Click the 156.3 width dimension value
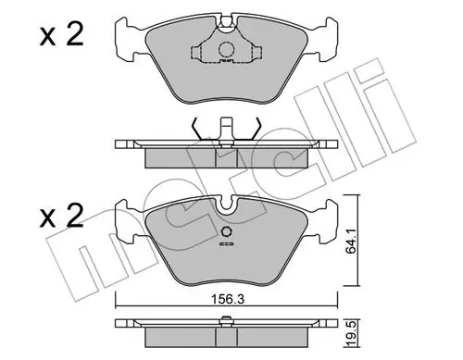[x=227, y=299]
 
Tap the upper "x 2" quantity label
[x=61, y=35]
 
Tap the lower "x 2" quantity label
[x=61, y=216]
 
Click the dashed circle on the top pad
[x=227, y=49]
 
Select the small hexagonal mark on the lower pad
[x=227, y=232]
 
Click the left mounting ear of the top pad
[x=126, y=39]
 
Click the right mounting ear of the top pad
[x=327, y=39]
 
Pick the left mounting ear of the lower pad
[x=126, y=220]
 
